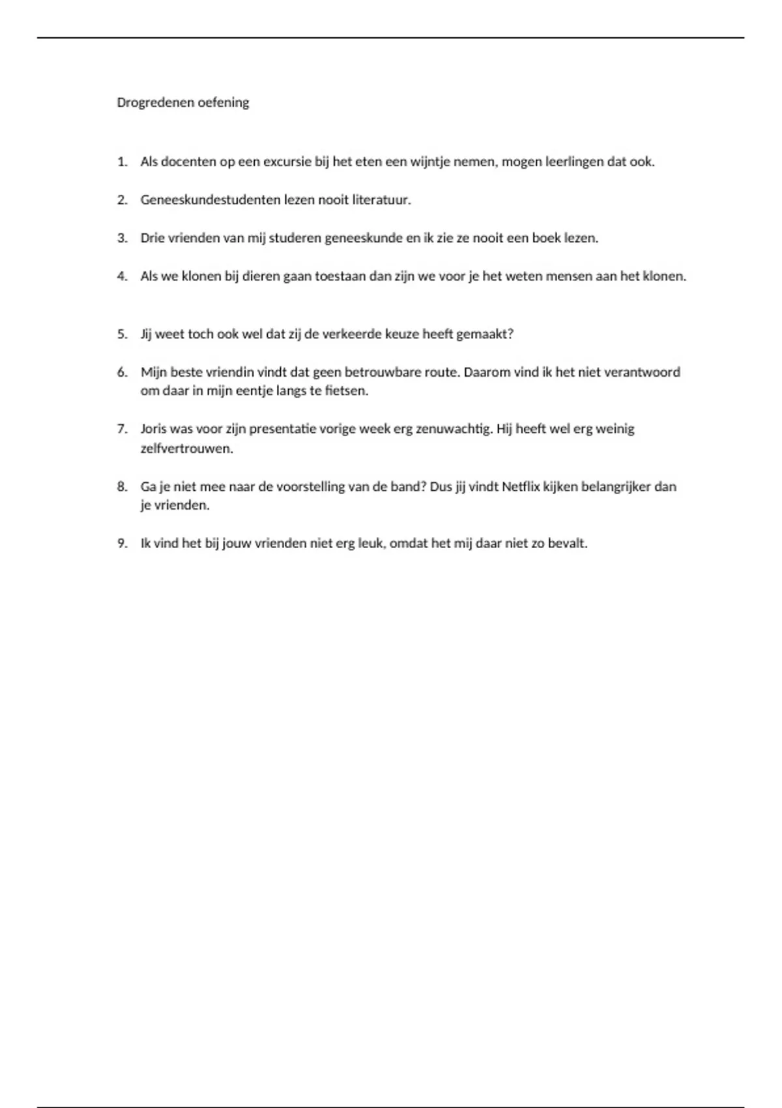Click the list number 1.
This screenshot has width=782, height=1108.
click(122, 162)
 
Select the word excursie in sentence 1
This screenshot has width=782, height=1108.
click(287, 162)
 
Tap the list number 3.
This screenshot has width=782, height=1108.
click(122, 238)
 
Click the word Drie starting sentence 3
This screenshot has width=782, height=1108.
click(152, 238)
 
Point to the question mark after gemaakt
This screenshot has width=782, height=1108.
click(510, 334)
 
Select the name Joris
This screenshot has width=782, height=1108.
click(153, 429)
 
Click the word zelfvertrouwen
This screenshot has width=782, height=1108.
click(186, 448)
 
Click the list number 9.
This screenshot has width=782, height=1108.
click(122, 544)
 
